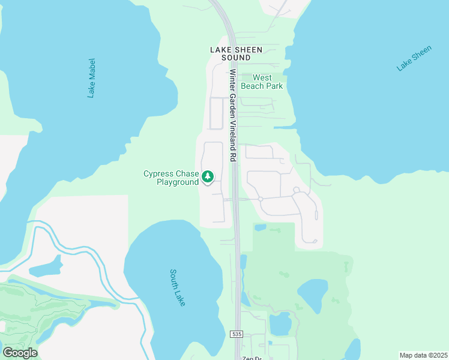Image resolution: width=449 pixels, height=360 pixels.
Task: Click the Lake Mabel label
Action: pos(91,78)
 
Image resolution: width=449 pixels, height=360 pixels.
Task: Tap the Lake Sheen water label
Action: pos(414,58)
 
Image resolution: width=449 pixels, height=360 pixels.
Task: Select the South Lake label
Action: pos(177,287)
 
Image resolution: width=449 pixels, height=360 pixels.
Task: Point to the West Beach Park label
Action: pos(262,82)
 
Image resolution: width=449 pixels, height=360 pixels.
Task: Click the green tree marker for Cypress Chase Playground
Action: pos(208,176)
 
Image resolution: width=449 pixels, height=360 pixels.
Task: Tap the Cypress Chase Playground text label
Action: pos(171,178)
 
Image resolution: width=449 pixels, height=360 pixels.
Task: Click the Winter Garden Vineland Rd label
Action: pos(233,115)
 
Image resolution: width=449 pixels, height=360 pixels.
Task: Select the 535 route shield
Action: pos(237,333)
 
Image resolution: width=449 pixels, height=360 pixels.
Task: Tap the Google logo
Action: pos(20,353)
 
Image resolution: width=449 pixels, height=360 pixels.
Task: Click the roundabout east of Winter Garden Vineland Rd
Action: pos(261,199)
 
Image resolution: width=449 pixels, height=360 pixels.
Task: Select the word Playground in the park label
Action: pos(178,182)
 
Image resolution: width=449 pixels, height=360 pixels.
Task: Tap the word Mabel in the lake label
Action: pos(92,68)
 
